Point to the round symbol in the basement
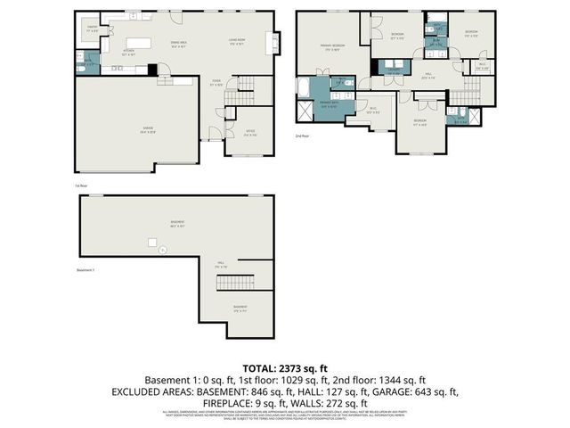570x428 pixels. [x=162, y=250]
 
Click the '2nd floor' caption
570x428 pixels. [x=303, y=136]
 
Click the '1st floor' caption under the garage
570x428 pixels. [x=80, y=185]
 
